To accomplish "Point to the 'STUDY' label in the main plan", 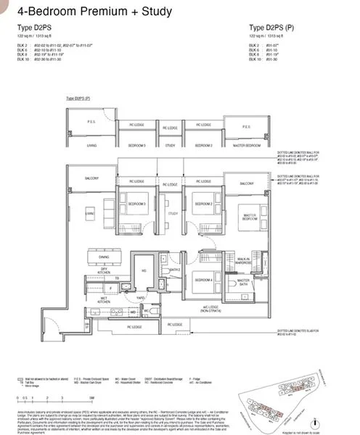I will [x=173, y=214].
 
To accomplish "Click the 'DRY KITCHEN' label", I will [x=105, y=270].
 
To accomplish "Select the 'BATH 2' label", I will [x=174, y=269].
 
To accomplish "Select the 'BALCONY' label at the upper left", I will [x=91, y=178].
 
